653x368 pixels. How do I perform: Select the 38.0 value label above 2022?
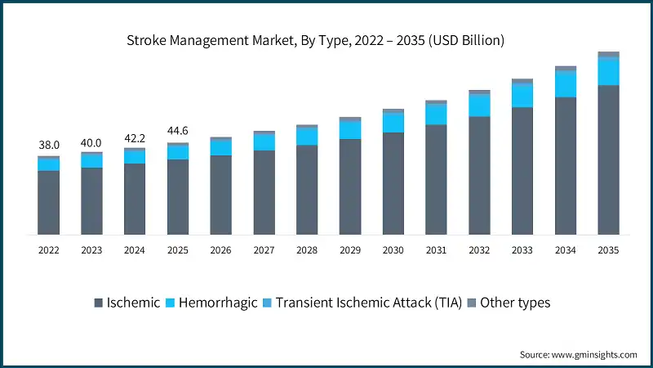click(x=48, y=145)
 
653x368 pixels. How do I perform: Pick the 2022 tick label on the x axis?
click(x=48, y=249)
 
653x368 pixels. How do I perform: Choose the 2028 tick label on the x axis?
click(x=307, y=249)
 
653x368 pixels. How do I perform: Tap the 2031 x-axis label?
click(x=436, y=249)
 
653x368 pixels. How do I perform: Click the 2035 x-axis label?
click(x=608, y=249)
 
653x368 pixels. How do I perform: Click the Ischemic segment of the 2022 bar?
click(x=48, y=202)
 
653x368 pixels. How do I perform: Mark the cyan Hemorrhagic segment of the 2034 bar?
click(x=565, y=85)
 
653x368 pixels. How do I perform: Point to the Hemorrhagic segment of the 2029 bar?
click(x=350, y=130)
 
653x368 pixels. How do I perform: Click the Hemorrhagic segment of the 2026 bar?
click(x=220, y=147)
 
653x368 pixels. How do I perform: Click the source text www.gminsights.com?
click(x=579, y=354)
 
